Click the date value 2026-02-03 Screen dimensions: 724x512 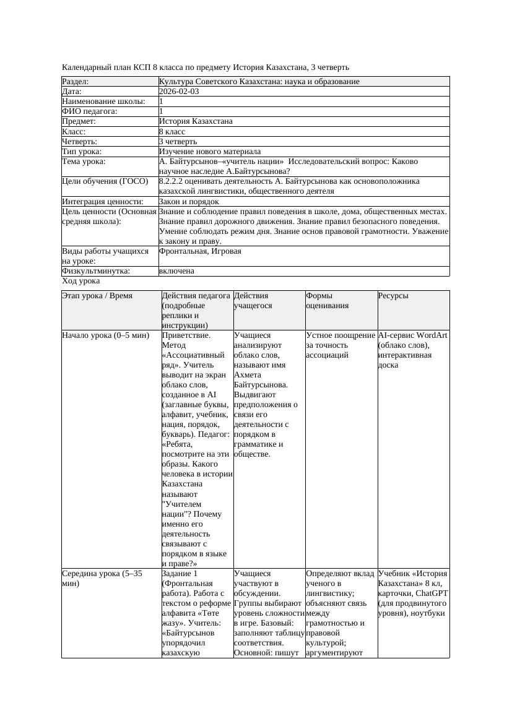179,92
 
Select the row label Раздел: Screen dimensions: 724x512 76,82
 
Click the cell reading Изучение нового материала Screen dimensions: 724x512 209,152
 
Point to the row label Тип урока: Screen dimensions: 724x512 82,152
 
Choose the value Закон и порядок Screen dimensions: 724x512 188,202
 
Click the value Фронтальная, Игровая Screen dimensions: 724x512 200,252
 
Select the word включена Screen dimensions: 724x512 176,271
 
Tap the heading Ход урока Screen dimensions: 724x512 80,281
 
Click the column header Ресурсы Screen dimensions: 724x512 393,296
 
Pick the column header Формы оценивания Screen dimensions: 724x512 328,301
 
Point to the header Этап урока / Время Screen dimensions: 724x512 97,296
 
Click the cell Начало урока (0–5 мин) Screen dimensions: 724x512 106,335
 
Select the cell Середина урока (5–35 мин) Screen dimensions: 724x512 102,578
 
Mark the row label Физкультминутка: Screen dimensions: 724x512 96,271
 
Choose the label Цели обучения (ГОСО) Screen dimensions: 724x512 105,181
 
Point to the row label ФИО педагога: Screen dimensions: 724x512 90,111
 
